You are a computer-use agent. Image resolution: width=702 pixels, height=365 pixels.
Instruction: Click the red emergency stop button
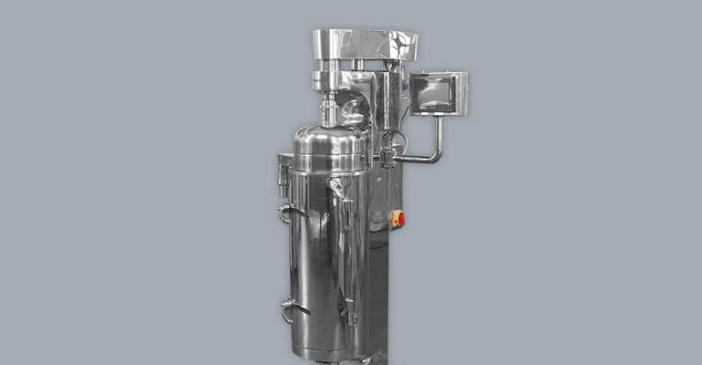[398, 219]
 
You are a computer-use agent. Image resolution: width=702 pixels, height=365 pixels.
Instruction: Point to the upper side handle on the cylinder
[288, 212]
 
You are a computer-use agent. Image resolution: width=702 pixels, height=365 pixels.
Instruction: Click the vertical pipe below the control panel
[439, 132]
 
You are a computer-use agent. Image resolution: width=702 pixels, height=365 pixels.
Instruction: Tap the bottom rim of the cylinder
[328, 354]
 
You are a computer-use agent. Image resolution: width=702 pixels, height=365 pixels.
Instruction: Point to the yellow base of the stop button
[393, 219]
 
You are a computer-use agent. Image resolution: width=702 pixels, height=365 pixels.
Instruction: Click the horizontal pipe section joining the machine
[415, 160]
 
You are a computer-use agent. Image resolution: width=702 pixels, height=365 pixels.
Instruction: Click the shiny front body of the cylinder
[315, 255]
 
